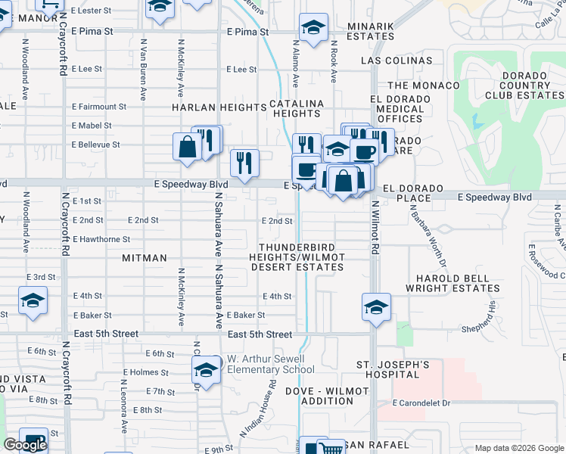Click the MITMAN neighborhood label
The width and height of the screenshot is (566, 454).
[144, 258]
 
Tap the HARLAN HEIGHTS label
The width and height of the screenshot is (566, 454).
[219, 107]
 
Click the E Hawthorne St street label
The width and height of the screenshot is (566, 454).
[101, 239]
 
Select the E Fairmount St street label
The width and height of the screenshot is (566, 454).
[98, 107]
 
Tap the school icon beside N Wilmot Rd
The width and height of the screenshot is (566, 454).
[376, 307]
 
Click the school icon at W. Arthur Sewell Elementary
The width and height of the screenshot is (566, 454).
[205, 370]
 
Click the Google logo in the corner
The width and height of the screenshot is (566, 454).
[25, 446]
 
